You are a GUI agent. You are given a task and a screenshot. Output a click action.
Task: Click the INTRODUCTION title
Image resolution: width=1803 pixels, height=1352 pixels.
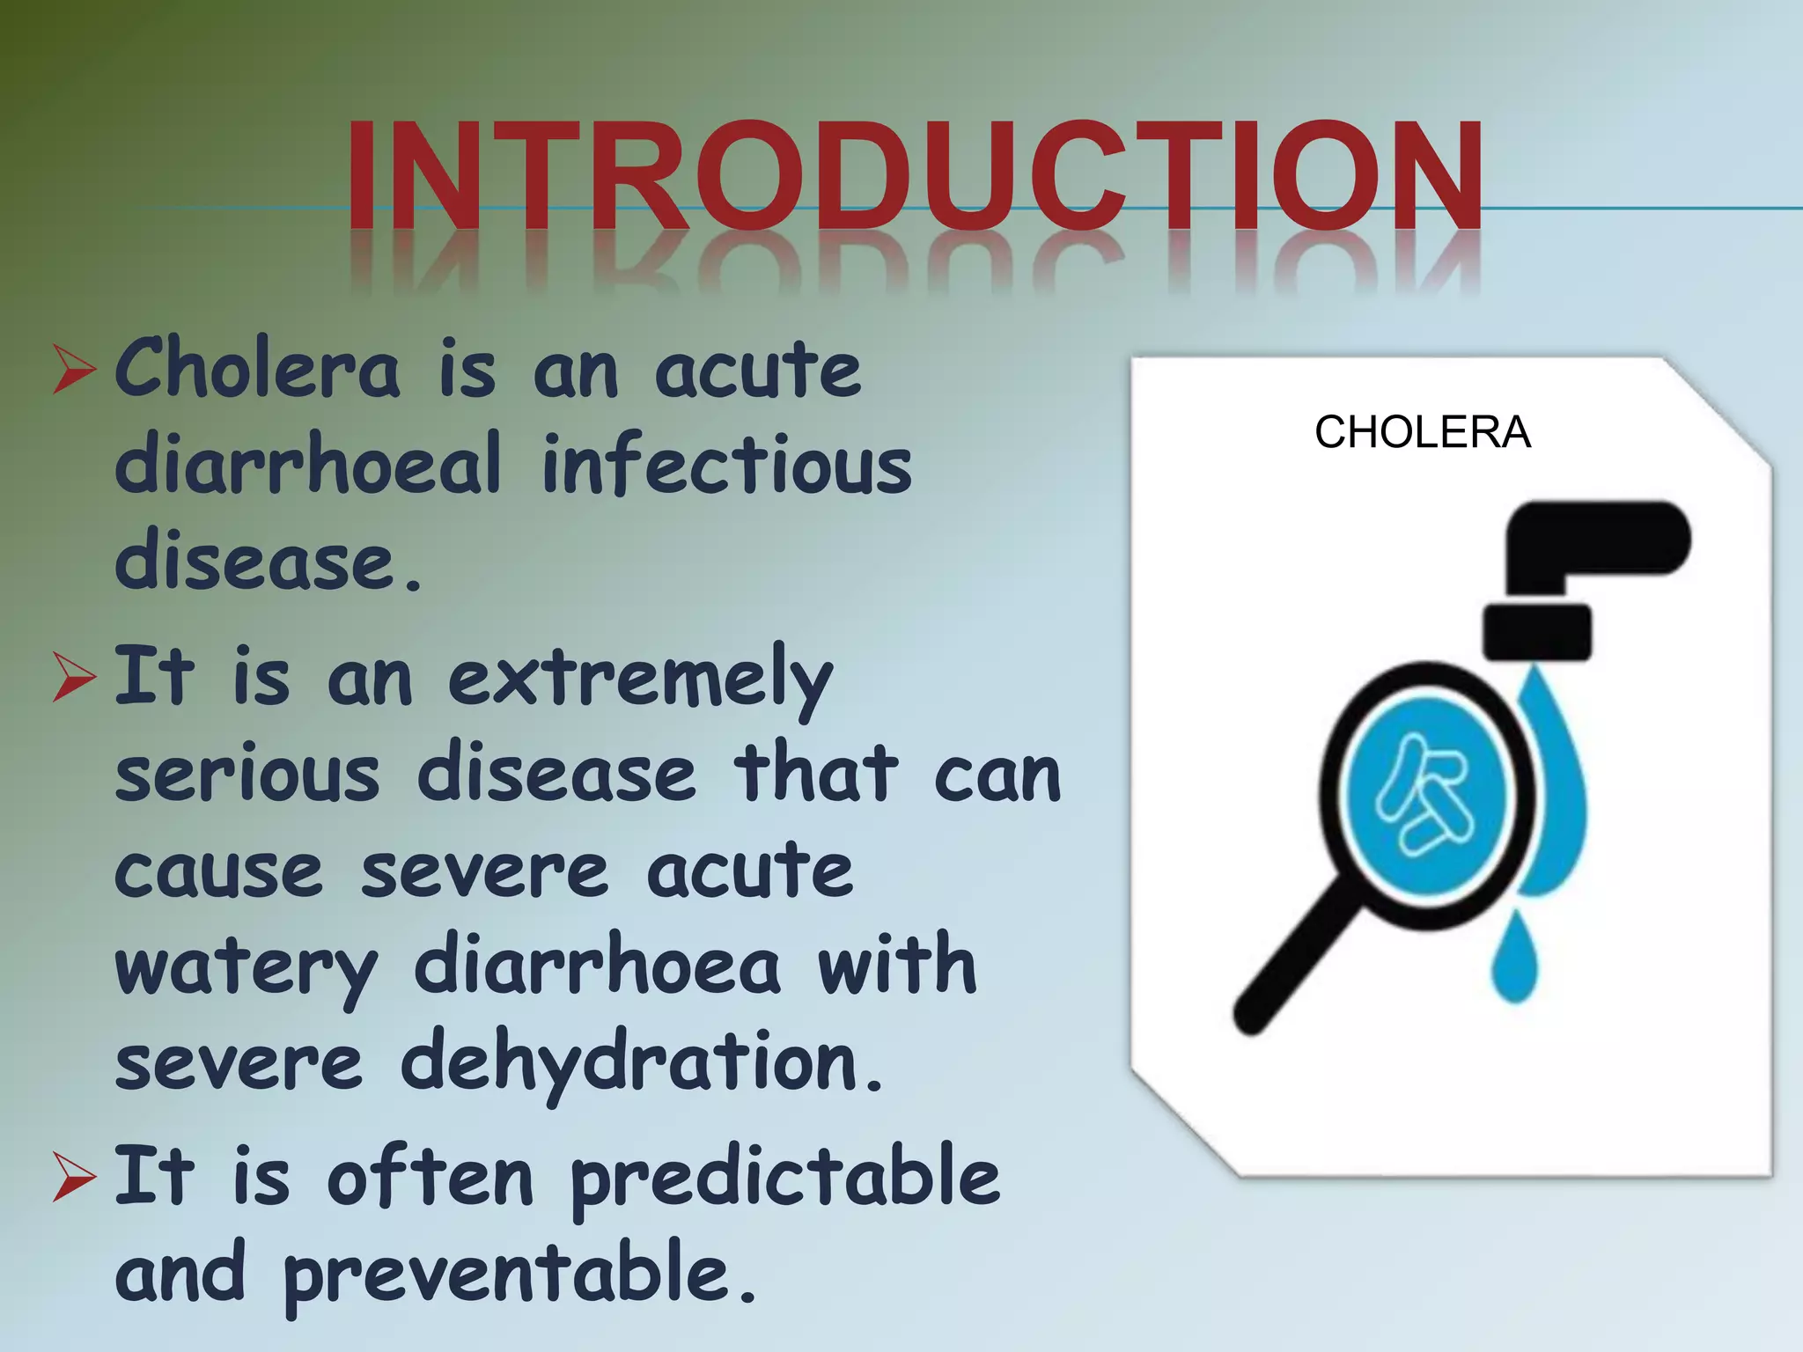click(914, 176)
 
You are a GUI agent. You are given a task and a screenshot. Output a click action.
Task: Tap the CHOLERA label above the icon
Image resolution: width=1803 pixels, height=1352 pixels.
click(1422, 432)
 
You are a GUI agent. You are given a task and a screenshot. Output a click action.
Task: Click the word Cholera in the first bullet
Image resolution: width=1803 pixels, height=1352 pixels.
click(257, 370)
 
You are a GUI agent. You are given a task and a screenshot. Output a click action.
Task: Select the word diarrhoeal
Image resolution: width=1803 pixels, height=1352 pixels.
click(308, 464)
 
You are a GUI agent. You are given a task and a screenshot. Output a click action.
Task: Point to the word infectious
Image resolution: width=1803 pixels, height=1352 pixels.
click(726, 464)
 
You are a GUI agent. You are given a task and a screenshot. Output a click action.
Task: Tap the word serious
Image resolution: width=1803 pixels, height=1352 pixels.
click(247, 775)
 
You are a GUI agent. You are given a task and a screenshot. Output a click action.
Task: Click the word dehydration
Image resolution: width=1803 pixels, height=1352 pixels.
click(641, 1063)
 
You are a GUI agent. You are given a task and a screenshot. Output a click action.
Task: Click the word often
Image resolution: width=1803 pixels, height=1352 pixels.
click(430, 1178)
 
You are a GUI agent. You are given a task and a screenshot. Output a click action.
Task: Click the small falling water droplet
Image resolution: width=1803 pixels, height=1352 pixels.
click(1514, 959)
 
